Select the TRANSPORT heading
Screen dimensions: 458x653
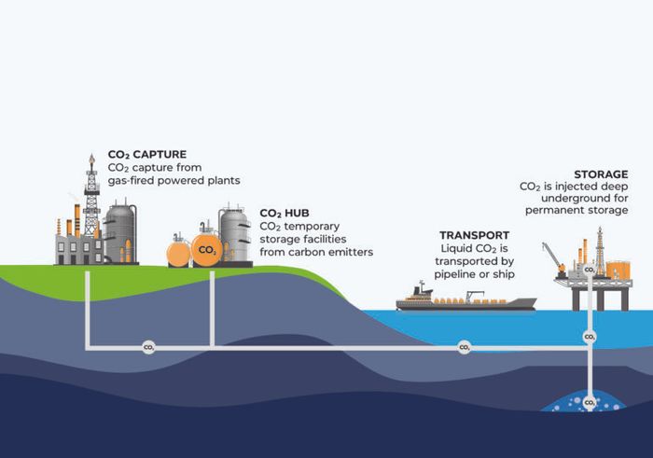(477, 235)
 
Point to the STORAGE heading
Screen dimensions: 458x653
(600, 174)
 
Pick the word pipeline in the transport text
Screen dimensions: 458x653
(462, 275)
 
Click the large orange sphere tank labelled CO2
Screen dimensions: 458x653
(207, 250)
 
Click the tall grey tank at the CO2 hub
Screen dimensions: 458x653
(234, 235)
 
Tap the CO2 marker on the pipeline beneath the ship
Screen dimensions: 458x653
(464, 347)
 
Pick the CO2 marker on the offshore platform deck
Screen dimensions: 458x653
(590, 271)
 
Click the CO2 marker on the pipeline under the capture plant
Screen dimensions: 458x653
(147, 347)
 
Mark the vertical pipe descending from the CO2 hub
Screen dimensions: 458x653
(214, 308)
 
